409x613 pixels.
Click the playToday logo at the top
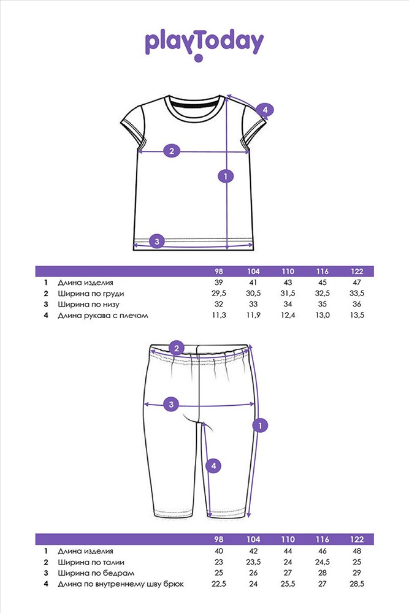point(204,44)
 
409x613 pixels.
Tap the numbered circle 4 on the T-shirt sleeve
point(265,110)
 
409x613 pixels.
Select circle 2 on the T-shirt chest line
point(172,151)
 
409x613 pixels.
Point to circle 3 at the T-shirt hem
point(157,241)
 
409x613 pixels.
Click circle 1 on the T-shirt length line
point(226,177)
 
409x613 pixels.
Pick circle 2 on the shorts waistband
point(177,349)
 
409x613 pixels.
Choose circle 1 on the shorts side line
point(261,425)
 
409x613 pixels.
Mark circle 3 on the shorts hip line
point(172,404)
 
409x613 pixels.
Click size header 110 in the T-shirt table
point(288,272)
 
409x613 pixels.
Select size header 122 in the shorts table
point(356,539)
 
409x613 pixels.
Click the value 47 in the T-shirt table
point(356,283)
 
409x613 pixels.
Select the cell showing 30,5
point(253,294)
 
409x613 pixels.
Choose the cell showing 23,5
point(253,562)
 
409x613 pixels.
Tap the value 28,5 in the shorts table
point(356,584)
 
